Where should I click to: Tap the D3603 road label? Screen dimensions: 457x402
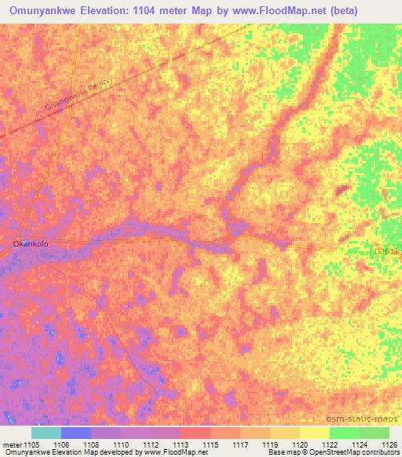386,252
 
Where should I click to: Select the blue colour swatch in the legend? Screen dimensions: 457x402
76,433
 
